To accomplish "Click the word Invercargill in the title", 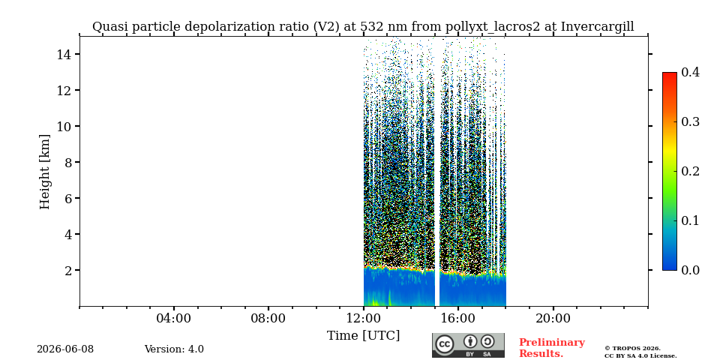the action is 598,27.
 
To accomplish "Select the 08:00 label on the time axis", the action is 268,319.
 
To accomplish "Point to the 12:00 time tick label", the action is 364,319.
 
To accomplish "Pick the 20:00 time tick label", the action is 553,319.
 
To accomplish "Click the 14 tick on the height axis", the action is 63,54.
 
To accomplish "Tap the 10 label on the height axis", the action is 63,126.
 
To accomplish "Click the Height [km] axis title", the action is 44,172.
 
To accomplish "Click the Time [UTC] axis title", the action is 363,336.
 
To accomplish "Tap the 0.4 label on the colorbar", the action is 690,72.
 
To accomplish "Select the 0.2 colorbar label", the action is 690,171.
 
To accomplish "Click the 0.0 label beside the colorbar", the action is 690,270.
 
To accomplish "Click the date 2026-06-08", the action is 65,349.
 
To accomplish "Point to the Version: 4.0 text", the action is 174,349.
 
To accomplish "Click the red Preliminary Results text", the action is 552,347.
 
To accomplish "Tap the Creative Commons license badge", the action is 468,345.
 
